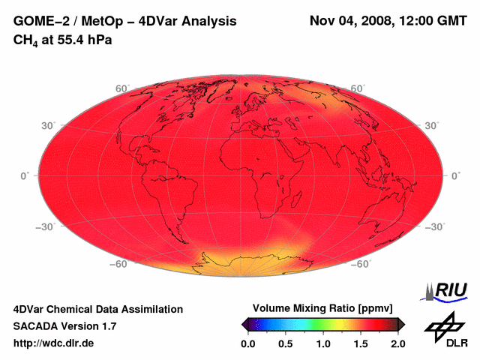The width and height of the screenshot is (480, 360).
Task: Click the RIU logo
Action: [447, 291]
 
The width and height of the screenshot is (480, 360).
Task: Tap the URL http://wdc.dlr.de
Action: [54, 343]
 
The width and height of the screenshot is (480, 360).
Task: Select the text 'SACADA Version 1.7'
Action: [64, 326]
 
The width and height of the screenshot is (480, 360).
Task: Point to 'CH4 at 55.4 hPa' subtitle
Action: [63, 40]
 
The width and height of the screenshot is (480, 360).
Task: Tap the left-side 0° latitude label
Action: [24, 175]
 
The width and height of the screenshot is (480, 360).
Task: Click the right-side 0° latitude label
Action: [455, 175]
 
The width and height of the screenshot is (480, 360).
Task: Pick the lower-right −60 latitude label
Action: [358, 264]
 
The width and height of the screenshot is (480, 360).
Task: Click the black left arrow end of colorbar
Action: [245, 323]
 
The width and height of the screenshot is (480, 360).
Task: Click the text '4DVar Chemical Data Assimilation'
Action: [98, 309]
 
